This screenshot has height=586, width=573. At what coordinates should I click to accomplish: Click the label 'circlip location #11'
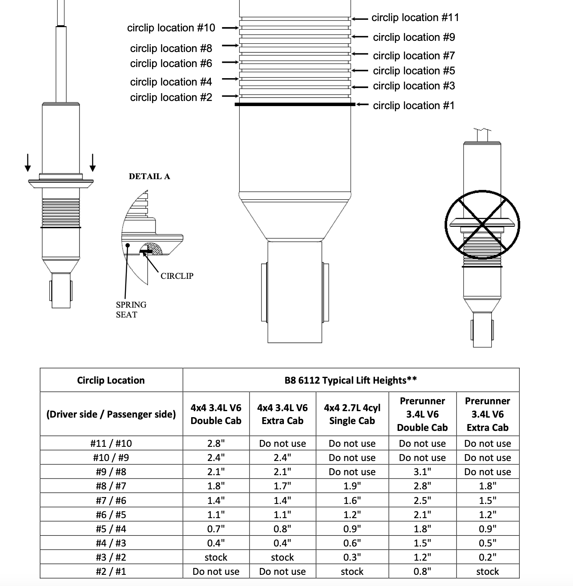coord(415,18)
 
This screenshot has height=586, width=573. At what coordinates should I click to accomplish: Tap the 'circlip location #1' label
coord(413,106)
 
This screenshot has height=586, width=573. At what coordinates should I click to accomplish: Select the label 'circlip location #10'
coord(171,28)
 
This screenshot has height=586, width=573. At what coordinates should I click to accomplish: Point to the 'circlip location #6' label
coord(171,64)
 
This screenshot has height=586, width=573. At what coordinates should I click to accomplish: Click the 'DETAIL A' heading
coord(149,176)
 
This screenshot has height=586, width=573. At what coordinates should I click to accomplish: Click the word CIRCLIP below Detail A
coord(177,276)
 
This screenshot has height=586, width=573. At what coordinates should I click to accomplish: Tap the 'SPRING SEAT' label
coord(131,309)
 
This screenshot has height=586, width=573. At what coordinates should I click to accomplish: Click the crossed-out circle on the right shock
coord(482,225)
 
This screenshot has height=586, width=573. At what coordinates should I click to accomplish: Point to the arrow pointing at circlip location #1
coord(362,104)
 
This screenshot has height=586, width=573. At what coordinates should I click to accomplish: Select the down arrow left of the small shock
coord(28,162)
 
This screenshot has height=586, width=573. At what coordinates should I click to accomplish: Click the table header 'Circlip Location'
coord(111,380)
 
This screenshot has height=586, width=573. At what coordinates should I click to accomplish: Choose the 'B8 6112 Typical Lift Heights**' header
coord(351,380)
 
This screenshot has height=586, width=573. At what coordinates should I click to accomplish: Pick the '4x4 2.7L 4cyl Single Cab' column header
coord(352,414)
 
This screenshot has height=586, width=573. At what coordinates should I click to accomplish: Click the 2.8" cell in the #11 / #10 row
coord(216,443)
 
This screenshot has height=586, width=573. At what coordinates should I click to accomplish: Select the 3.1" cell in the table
coord(422,472)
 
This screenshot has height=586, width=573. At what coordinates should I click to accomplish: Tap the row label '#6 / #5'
coord(111,515)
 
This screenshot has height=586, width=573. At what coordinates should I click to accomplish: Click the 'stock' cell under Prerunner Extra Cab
coord(488,571)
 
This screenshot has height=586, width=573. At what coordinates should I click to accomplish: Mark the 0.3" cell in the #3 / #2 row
coord(352,557)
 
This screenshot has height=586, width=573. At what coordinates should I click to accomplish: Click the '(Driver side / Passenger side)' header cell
coord(111,414)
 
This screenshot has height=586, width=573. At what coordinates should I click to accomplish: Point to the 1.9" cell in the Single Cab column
coord(352,486)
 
